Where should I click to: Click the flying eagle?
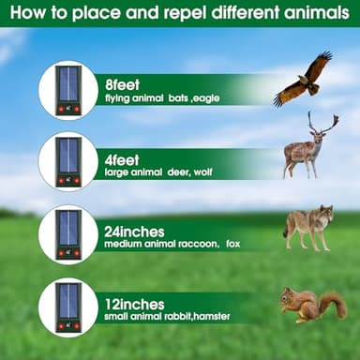point(305,79)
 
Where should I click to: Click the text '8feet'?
point(122,82)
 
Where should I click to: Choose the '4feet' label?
point(122,147)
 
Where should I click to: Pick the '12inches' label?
point(134,306)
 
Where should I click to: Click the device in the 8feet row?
point(68,89)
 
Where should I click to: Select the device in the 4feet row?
point(68,159)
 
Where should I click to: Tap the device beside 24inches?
point(68,234)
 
